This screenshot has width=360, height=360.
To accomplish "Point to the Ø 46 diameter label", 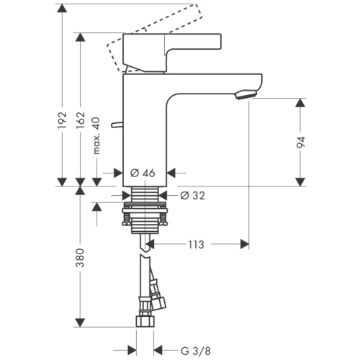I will tap(143, 173).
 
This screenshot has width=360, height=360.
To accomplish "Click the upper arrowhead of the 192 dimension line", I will tap(62, 9).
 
